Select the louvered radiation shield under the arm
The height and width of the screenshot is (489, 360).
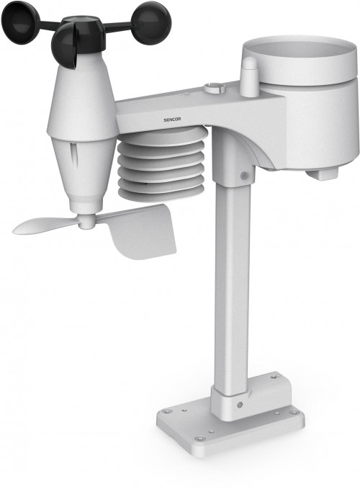click(162, 166)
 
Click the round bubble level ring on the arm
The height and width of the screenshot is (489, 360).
click(214, 88)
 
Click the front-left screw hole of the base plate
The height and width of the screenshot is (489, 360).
click(200, 438)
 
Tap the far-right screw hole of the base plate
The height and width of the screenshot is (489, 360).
click(293, 413)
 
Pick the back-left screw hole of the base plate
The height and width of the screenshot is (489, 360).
click(167, 412)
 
